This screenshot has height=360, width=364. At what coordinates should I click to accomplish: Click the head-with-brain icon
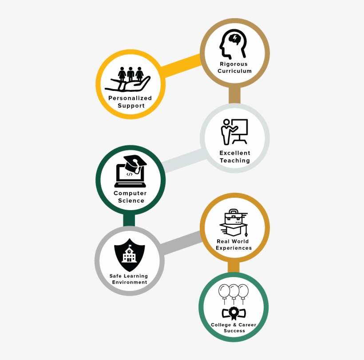[233, 43]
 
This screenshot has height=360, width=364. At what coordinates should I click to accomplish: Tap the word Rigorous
[234, 64]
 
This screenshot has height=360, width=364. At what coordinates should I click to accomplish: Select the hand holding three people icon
[128, 79]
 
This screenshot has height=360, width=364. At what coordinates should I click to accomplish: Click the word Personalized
[130, 98]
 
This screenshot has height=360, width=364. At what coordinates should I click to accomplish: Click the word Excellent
[235, 153]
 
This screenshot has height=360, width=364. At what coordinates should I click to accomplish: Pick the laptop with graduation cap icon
[130, 171]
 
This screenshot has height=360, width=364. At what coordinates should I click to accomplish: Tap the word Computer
[130, 193]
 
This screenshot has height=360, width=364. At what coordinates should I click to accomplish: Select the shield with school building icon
[130, 255]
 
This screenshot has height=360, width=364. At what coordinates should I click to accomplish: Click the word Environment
[130, 282]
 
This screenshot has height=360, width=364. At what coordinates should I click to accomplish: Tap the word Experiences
[234, 248]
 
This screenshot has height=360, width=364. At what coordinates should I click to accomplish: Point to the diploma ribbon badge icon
[233, 313]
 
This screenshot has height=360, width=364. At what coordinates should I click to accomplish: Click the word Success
[234, 331]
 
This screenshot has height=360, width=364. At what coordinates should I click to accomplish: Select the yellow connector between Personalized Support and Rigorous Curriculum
[181, 66]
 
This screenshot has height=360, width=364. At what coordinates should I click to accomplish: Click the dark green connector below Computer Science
[129, 220]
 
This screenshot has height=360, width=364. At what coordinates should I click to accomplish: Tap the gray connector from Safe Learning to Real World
[181, 243]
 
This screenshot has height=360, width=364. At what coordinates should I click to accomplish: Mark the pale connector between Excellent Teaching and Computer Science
[183, 160]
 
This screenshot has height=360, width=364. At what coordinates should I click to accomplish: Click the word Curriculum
[235, 71]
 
